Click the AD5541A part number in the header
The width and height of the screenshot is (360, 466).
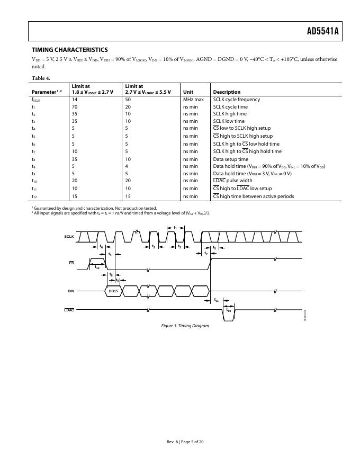pos(322,32)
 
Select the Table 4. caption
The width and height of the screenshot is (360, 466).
pos(41,78)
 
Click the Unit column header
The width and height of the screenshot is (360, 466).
pos(188,92)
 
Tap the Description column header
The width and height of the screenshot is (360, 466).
pos(227,92)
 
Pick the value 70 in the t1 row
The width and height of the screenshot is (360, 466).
pos(75,107)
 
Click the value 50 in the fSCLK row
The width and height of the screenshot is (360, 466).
pos(128,100)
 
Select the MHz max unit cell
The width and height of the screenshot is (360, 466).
pos(194,100)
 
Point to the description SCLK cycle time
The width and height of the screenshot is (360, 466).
pos(230,107)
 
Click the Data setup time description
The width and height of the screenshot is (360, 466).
pos(230,159)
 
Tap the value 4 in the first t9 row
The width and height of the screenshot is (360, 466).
pos(127,166)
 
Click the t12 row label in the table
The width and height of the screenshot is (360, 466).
pos(34,196)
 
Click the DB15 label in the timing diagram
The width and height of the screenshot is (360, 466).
pos(114,291)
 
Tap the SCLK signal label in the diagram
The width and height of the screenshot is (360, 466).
pos(69,236)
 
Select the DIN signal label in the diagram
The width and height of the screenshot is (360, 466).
pos(70,291)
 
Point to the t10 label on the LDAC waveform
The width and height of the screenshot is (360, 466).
pos(229,310)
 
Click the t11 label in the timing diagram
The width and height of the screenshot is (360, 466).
pos(217,300)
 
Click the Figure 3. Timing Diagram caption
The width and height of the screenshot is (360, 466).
pos(185,326)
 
